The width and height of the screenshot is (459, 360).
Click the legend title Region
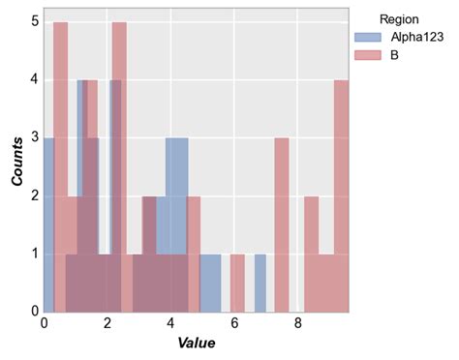click(397, 17)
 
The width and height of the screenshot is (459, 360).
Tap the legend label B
click(395, 56)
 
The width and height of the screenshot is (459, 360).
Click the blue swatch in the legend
click(369, 37)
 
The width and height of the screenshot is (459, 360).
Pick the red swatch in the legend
click(369, 56)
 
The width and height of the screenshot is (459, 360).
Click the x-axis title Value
click(197, 344)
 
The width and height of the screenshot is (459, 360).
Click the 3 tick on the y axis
click(34, 137)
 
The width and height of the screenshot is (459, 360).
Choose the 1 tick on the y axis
click(34, 254)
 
